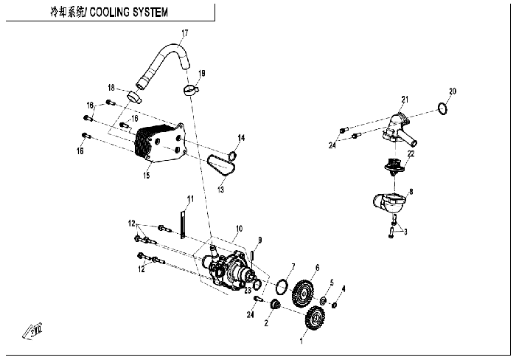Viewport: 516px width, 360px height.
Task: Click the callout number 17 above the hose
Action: point(184,33)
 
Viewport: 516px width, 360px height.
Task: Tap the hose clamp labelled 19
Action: point(190,89)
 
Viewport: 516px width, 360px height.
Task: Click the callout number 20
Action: point(453,91)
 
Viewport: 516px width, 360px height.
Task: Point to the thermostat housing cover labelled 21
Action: point(400,130)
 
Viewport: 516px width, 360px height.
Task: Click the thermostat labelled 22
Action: point(395,167)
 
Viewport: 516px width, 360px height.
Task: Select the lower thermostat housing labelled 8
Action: point(389,202)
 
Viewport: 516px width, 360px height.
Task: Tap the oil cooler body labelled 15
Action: point(160,144)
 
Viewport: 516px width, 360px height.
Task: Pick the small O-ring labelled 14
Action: point(233,155)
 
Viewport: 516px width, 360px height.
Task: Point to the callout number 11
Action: point(190,199)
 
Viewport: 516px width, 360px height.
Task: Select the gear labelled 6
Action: point(302,292)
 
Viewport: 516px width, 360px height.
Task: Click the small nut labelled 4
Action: point(334,305)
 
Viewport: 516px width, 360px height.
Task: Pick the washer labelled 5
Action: point(323,300)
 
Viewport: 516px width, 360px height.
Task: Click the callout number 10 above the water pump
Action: point(239,229)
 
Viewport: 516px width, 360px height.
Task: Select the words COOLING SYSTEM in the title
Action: point(129,13)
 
